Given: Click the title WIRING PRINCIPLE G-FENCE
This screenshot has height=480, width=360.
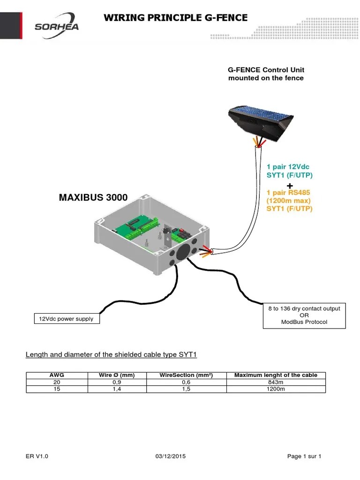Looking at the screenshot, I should tap(175, 18).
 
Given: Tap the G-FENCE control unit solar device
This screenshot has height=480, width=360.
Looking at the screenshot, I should tap(262, 119).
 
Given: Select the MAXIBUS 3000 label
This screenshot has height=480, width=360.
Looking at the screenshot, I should tap(93, 197).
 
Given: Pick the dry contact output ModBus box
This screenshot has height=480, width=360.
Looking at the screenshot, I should tap(304, 315).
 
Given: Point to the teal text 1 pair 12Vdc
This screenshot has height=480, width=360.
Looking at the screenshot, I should tap(288, 167).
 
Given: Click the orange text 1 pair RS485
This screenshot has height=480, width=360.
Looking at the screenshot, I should tap(288, 192).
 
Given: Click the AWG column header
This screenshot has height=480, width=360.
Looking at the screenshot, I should tap(57, 375).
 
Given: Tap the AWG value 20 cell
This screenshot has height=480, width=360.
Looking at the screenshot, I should tap(57, 382).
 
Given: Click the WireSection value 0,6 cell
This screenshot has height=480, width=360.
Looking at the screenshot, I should tap(186, 382).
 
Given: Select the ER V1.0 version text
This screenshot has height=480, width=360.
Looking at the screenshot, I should tap(37, 457).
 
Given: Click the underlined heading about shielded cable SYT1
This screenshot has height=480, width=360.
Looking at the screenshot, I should tap(111, 354).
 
